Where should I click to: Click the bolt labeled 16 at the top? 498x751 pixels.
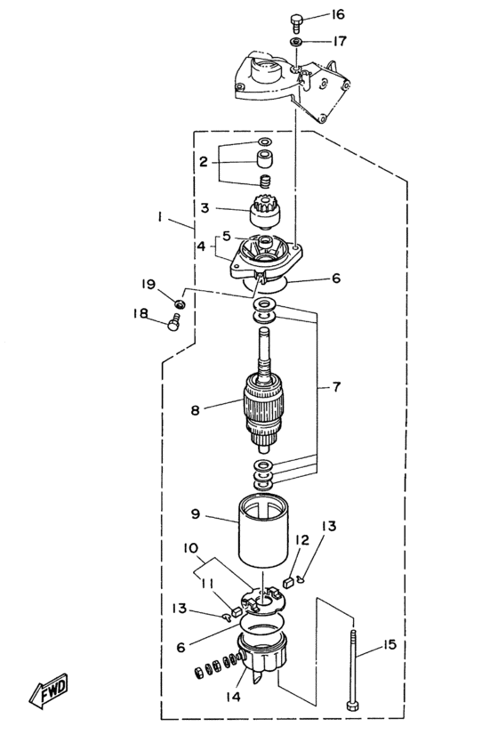point(296,21)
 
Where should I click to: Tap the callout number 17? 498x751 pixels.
point(340,41)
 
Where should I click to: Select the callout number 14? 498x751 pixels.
point(233,697)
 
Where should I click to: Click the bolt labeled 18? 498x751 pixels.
point(173,321)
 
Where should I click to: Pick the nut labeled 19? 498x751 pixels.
point(180,303)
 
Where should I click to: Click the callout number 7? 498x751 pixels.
point(336,386)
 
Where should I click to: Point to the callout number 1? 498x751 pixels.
point(159,217)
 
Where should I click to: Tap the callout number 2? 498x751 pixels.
point(204,162)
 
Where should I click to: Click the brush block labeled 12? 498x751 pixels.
point(288,583)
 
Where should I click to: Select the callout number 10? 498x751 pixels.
point(190,547)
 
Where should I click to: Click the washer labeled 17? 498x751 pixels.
point(295,42)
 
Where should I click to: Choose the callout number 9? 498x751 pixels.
point(196,514)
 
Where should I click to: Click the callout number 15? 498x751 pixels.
point(390,645)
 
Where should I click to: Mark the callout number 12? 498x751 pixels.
point(301,540)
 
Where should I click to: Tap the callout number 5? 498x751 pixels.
point(227,236)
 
